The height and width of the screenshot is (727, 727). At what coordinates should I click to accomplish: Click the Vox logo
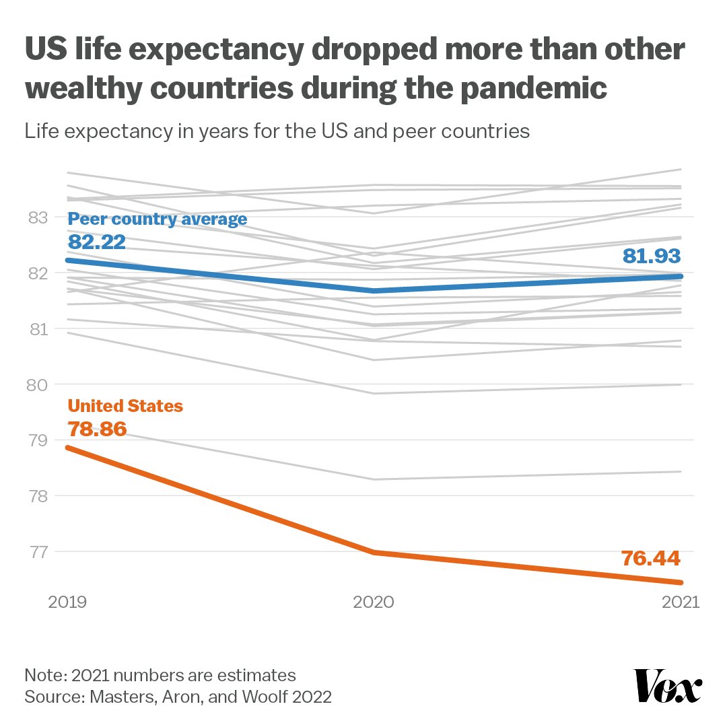[x=669, y=686]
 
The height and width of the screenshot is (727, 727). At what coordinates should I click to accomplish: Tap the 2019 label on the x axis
[x=68, y=601]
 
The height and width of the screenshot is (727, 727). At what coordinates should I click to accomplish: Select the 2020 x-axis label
[x=374, y=601]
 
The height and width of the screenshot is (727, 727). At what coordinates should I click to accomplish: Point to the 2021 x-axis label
[x=681, y=601]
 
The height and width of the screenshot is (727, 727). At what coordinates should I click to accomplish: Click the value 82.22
[x=97, y=242]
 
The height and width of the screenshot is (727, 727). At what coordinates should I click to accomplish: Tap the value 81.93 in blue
[x=652, y=256]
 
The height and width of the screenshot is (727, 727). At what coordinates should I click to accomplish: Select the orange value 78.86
[x=98, y=429]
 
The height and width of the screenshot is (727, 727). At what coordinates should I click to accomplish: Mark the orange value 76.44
[x=651, y=558]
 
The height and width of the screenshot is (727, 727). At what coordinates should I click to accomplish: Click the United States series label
[x=126, y=406]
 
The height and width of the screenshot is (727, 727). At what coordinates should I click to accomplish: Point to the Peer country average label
[x=158, y=219]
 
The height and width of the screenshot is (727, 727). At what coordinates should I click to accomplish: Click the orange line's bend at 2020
[x=374, y=552]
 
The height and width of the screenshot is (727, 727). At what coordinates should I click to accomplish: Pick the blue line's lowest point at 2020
[x=374, y=291]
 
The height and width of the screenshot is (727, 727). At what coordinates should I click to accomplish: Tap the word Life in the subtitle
[x=42, y=131]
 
